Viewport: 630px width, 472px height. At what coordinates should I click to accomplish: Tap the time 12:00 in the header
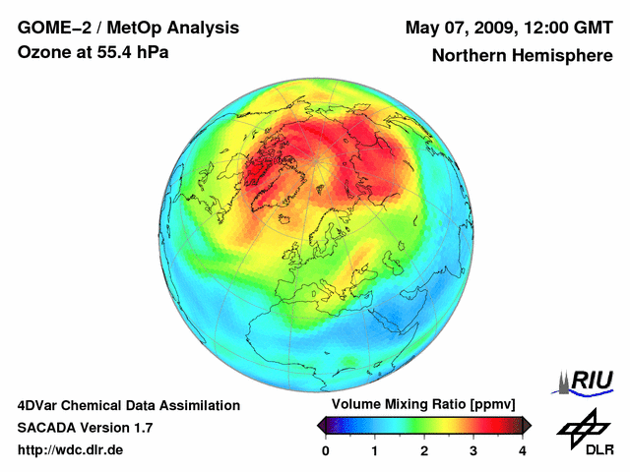tap(547, 27)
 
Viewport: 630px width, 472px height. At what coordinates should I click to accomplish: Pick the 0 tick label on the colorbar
tap(326, 449)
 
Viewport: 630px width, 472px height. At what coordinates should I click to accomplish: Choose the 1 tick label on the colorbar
tap(375, 449)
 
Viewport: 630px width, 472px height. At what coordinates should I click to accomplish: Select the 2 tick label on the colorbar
tap(424, 449)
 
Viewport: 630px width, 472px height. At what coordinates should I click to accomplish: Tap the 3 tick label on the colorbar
tap(473, 449)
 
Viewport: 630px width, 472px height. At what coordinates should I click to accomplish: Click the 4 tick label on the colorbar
tap(523, 449)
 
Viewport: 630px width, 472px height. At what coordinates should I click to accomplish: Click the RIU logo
tap(588, 381)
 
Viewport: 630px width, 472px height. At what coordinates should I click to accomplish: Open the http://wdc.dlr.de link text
tap(70, 450)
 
